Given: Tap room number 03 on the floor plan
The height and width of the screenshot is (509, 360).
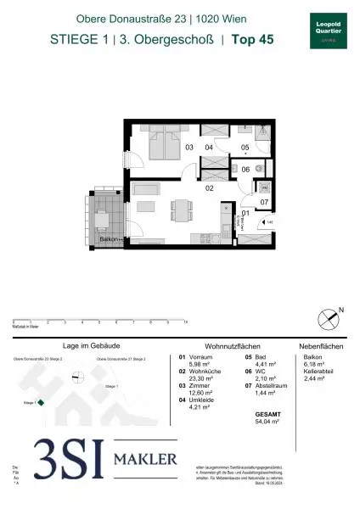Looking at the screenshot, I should (189, 148).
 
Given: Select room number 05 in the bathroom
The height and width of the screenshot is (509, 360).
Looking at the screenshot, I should (244, 147).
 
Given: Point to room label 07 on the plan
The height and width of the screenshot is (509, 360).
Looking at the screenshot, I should (263, 202).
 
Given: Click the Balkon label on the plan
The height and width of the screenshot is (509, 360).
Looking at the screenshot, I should (107, 241).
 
